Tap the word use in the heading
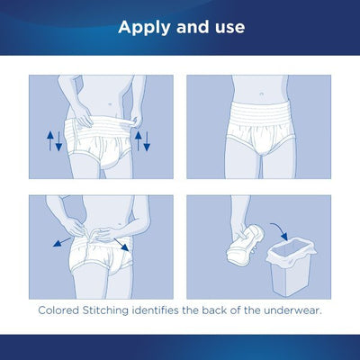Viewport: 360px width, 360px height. coord(225,27)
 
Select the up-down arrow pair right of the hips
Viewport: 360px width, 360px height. coord(140,139)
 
